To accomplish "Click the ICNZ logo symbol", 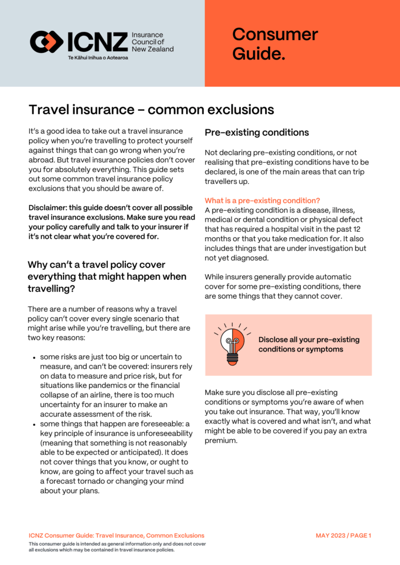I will click(x=47, y=42).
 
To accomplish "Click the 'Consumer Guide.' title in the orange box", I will click(x=275, y=44).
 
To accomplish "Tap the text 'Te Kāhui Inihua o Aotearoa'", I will click(x=97, y=57).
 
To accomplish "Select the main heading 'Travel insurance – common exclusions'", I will click(x=151, y=109).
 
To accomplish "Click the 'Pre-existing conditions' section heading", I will click(x=256, y=133).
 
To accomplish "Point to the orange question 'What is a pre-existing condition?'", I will click(x=262, y=200).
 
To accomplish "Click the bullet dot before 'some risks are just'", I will click(x=34, y=357).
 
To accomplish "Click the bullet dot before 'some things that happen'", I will click(x=34, y=424).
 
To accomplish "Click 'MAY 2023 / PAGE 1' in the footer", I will click(x=343, y=536).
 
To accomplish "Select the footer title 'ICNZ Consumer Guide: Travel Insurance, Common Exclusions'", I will click(x=116, y=536).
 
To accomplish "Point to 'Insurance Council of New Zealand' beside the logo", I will click(x=152, y=42).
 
